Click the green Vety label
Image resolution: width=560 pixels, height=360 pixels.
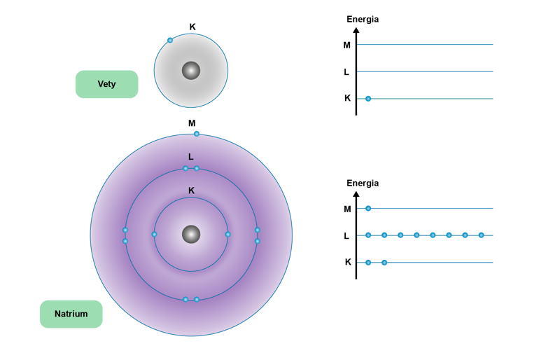[107, 84]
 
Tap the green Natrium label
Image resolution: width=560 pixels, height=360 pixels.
[71, 314]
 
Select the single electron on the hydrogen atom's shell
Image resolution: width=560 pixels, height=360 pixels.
[170, 41]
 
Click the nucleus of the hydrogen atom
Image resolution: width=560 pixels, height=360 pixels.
[191, 71]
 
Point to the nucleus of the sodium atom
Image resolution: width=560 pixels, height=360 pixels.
[191, 234]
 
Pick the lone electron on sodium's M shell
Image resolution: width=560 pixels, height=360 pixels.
[197, 134]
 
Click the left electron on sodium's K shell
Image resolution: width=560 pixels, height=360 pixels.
[154, 234]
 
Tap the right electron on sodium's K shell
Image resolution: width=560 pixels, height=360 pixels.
[228, 234]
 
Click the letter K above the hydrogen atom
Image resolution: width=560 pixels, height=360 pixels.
[192, 27]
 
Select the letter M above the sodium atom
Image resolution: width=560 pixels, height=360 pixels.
[192, 123]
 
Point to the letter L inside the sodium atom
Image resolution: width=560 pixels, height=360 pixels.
[191, 157]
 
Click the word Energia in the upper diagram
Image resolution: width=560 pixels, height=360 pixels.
[363, 20]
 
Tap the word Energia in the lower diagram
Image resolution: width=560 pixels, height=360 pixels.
[363, 184]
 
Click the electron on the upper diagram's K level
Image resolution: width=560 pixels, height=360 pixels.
[368, 99]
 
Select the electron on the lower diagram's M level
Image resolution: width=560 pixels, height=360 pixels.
[368, 209]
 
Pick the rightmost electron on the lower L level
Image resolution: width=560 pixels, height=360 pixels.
[481, 235]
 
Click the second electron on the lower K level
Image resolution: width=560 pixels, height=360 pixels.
[384, 263]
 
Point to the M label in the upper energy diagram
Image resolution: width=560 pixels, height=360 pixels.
[346, 45]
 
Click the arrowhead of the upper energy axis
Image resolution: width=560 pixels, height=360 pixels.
[356, 30]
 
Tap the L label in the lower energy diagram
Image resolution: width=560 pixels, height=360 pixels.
[346, 236]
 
